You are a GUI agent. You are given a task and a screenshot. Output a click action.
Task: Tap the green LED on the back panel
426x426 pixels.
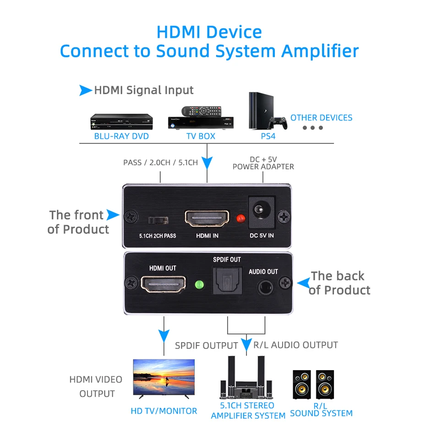199,284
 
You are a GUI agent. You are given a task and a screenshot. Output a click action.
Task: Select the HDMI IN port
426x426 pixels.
207,218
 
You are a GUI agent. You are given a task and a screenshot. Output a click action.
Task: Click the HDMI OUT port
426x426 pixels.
163,284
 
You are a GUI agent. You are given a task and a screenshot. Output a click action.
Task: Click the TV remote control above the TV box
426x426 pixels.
201,110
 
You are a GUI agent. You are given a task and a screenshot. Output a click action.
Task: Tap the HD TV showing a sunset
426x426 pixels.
164,377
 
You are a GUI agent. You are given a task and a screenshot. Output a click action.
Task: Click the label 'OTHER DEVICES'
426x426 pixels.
321,118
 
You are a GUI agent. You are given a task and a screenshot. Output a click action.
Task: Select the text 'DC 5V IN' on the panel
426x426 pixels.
261,236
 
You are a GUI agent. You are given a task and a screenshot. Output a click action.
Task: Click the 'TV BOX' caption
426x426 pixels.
201,136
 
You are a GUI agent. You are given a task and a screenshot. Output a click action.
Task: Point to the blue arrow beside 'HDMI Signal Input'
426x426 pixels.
85,90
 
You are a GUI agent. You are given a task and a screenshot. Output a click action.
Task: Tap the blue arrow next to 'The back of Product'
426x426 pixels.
303,283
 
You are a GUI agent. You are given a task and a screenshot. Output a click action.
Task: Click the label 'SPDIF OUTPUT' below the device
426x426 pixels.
206,345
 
